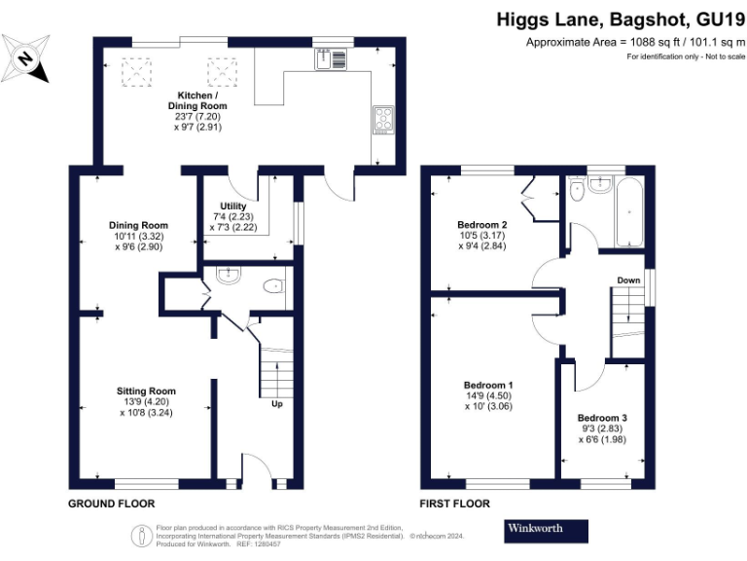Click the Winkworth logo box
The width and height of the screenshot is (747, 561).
(547, 531)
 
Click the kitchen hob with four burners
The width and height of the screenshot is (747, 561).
(381, 121)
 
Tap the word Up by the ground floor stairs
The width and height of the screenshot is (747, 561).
(277, 402)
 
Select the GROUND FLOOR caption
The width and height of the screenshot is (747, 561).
(111, 505)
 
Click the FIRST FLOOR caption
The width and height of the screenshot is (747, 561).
(454, 505)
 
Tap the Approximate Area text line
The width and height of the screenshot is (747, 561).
(635, 43)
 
